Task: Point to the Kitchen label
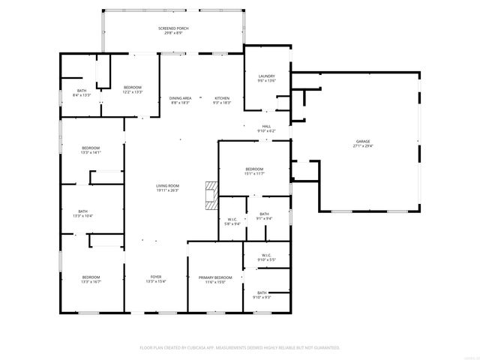pos(222,100)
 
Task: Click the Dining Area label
pos(179,100)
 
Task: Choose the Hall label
pos(266,128)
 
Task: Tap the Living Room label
pos(167,187)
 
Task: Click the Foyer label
pos(156,278)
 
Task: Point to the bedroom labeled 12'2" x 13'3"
pos(132,90)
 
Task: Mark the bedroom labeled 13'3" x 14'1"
pos(91,150)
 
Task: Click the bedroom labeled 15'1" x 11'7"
pos(254,172)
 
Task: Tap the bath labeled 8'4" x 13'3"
pos(81,93)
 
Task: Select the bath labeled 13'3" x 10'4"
pos(82,214)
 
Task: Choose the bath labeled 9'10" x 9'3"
pos(262,295)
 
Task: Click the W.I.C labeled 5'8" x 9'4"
pos(232,221)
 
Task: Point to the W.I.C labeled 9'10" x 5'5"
pos(266,257)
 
